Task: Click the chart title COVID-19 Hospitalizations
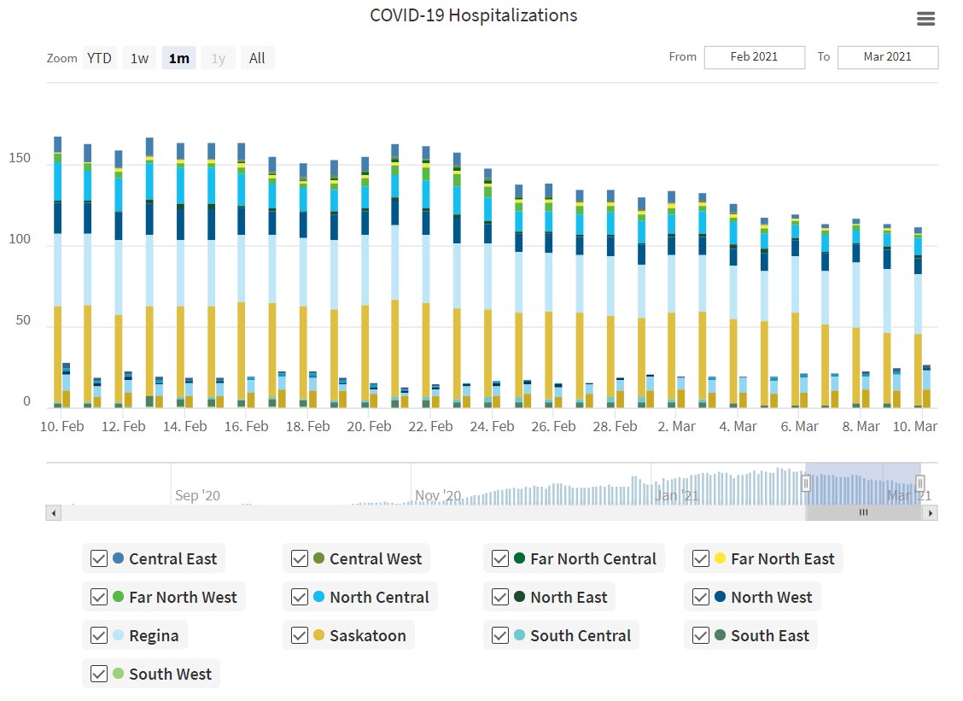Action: click(x=473, y=15)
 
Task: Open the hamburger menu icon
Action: click(x=925, y=19)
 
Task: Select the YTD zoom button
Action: click(x=99, y=58)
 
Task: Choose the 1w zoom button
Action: click(x=139, y=58)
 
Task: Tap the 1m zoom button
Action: click(x=178, y=58)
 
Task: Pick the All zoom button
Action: click(x=257, y=58)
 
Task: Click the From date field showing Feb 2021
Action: click(x=754, y=57)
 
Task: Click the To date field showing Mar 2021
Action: click(x=887, y=57)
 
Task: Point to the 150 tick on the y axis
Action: click(x=20, y=159)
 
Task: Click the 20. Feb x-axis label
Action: click(x=370, y=426)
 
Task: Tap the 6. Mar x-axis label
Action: click(x=799, y=426)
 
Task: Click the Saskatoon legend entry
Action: click(x=368, y=635)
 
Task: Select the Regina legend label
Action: click(x=154, y=635)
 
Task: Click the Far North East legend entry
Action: click(x=782, y=558)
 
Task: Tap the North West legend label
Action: click(x=771, y=597)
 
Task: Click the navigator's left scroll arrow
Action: click(x=53, y=513)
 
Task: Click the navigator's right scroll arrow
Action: click(x=930, y=513)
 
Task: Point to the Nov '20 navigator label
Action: click(x=438, y=495)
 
